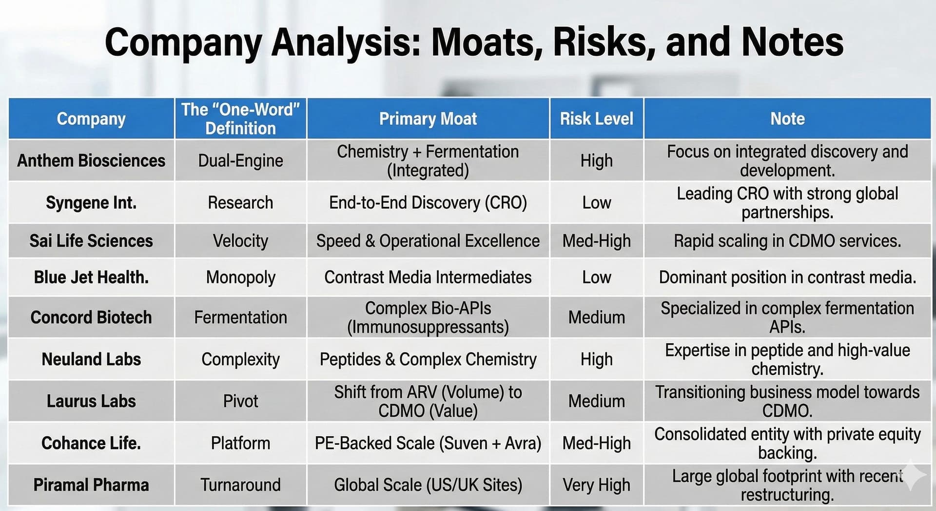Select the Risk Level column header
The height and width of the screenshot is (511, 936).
596,118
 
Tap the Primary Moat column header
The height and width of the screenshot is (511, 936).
428,118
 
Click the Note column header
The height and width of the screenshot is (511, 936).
787,118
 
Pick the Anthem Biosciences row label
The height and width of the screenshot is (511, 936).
91,160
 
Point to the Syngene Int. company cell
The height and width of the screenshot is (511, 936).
91,202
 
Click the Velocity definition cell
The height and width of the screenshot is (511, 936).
240,241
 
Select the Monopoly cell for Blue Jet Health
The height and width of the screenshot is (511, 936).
240,277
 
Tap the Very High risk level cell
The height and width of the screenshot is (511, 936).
596,485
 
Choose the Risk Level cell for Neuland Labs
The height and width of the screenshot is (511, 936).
596,359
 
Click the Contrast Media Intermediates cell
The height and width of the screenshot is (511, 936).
428,277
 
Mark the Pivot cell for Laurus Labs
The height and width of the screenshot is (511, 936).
240,401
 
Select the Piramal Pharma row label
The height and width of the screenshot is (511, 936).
91,485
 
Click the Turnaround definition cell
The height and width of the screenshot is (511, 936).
240,485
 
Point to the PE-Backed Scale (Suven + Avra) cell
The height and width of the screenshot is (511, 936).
428,443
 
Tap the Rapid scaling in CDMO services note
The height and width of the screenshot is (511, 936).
787,241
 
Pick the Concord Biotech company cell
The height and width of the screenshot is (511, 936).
91,317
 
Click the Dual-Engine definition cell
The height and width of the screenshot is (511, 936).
240,160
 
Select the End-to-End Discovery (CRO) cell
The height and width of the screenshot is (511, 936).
428,202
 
